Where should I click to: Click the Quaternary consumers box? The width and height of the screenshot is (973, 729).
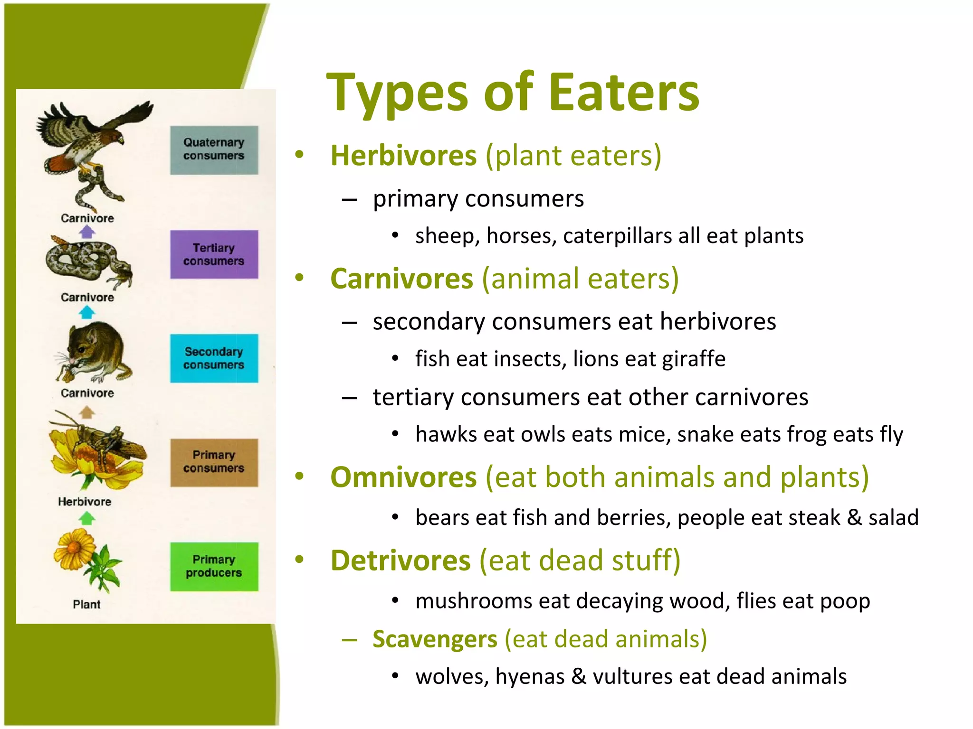point(214,150)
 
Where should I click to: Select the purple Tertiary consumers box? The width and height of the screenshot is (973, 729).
point(214,254)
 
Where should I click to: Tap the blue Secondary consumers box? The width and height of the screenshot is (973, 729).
point(214,358)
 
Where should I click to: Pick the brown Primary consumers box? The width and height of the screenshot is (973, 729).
point(214,462)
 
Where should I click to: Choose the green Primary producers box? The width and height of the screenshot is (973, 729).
point(214,566)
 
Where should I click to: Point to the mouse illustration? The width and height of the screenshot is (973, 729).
point(95,351)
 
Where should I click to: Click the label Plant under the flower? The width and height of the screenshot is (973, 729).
point(86,604)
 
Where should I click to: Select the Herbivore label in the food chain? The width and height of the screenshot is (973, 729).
point(85,502)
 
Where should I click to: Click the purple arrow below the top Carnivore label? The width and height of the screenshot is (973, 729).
point(87,232)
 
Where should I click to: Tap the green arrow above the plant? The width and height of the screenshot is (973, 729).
point(86,519)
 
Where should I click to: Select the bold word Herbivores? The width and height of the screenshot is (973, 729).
point(403,156)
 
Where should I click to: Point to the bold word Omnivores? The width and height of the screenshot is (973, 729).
point(403,477)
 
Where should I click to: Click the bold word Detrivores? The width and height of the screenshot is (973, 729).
point(401,561)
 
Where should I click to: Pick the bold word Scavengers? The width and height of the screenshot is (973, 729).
point(435,639)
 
